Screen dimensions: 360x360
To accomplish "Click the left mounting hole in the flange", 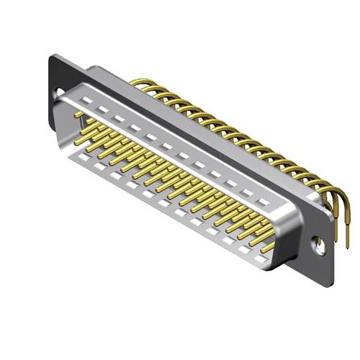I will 59,91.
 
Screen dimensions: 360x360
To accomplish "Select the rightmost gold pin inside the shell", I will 267,246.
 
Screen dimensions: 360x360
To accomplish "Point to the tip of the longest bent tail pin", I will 348,248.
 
